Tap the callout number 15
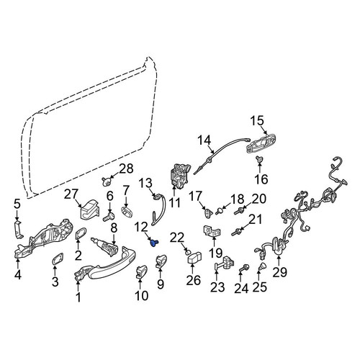coord(257,121)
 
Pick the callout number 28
coord(126,168)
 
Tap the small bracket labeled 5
coord(18,230)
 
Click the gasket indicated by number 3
coord(58,258)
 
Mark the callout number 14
coord(204,140)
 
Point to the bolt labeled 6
coord(109,217)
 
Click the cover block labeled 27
coord(90,209)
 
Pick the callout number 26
coord(194,280)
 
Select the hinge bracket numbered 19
coord(212,231)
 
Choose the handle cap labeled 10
coord(142,272)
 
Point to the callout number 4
coord(18,275)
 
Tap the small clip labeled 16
coord(259,158)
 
